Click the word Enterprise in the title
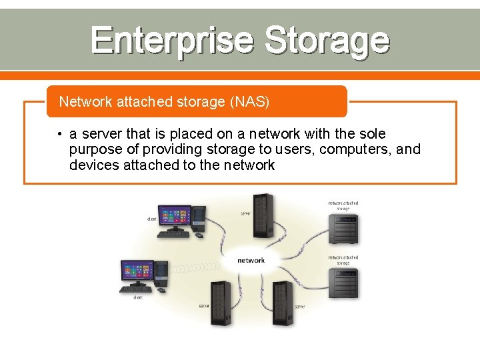click(x=172, y=40)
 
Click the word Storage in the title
click(x=326, y=40)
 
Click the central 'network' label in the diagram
click(x=251, y=260)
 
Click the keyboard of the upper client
click(x=173, y=234)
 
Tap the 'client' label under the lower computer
click(x=137, y=298)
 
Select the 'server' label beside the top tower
click(x=245, y=213)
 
